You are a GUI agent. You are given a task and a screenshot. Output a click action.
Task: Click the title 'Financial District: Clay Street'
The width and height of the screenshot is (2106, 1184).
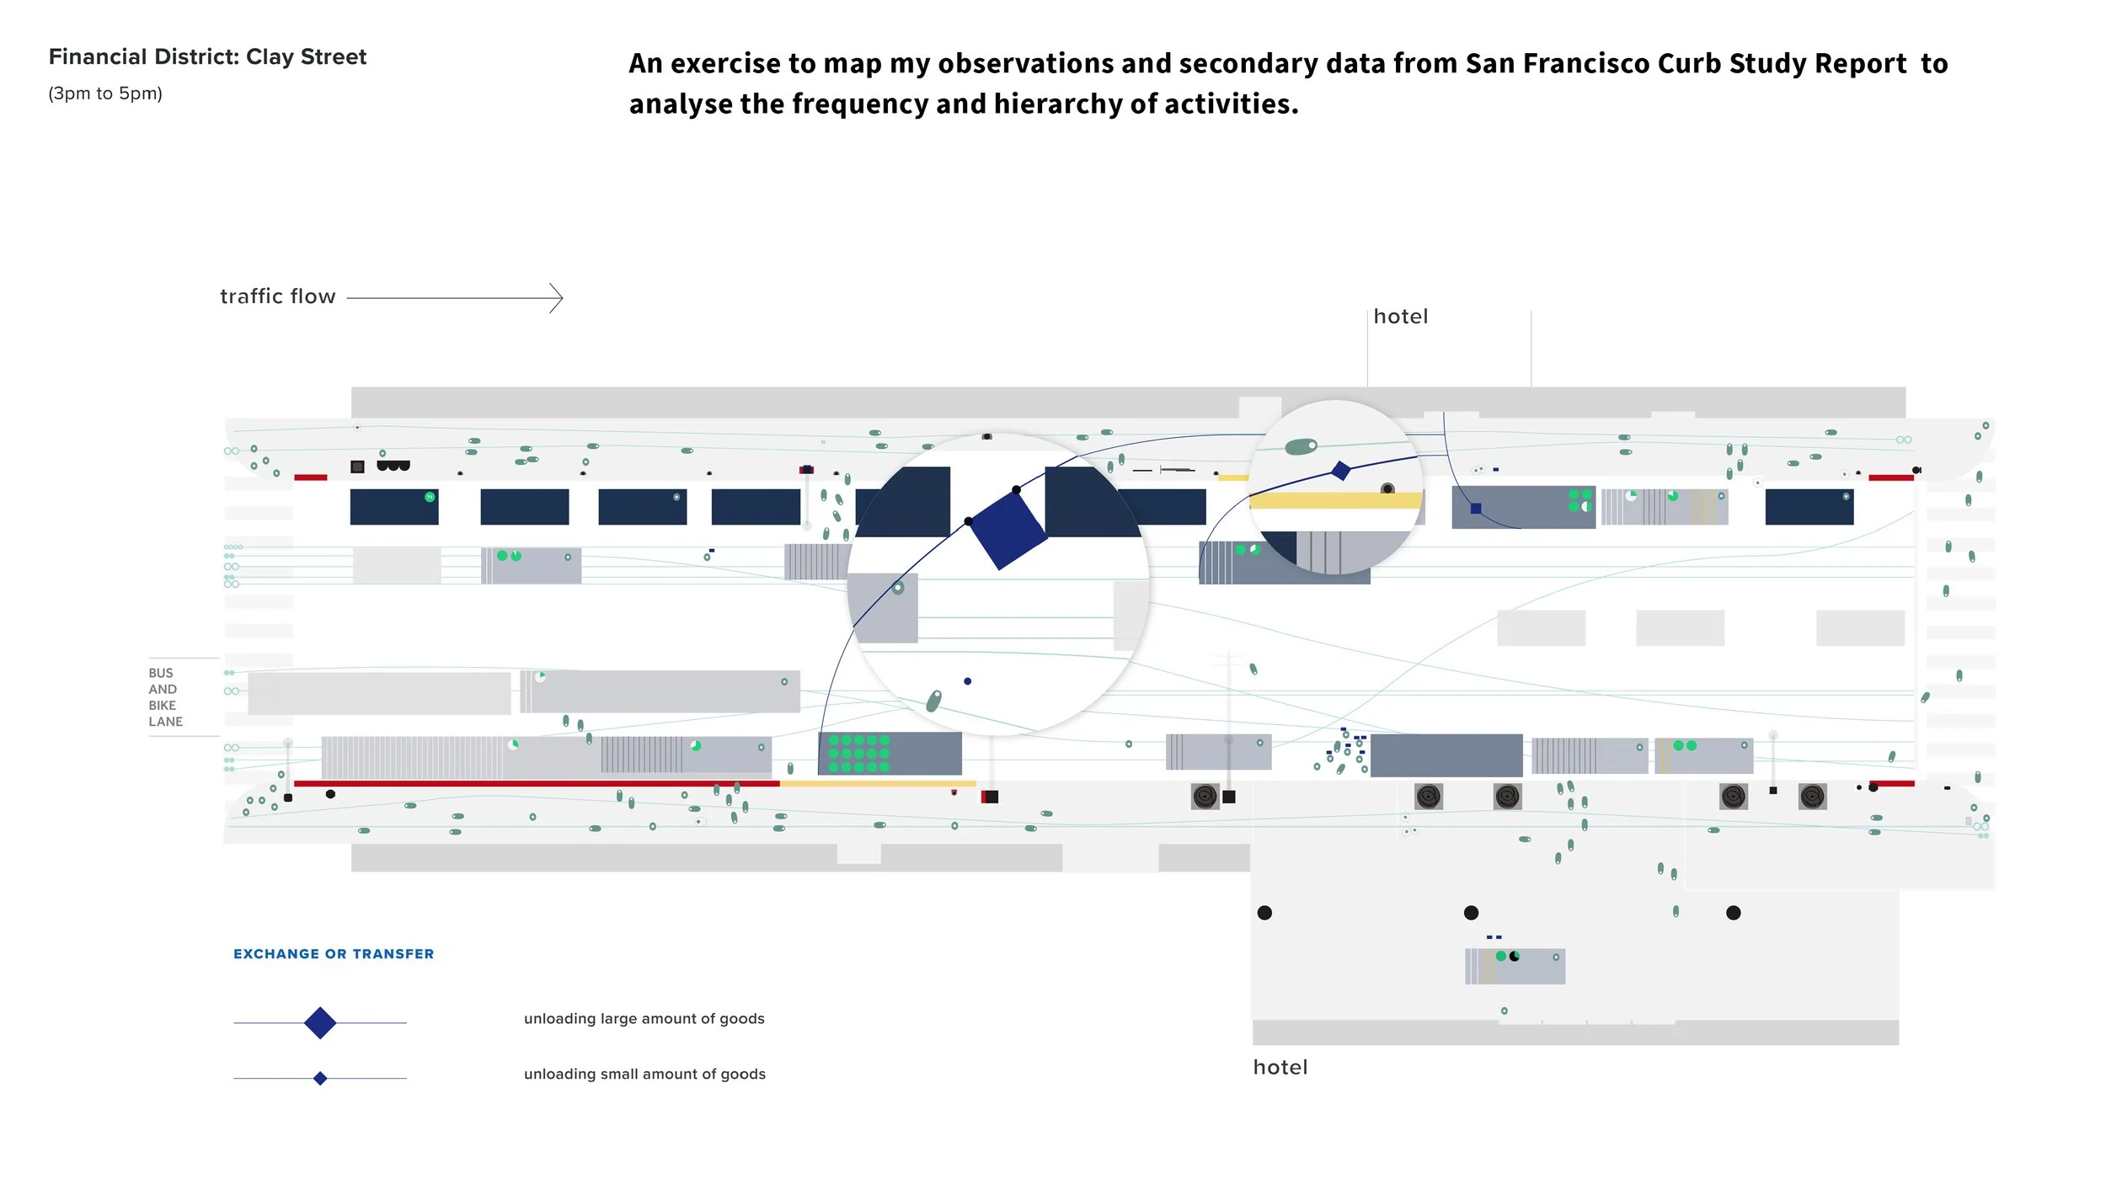click(x=207, y=57)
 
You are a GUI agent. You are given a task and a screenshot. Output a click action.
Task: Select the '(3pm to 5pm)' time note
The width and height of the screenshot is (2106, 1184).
click(x=105, y=93)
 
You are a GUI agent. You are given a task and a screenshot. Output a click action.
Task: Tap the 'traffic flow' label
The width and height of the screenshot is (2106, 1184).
click(x=278, y=296)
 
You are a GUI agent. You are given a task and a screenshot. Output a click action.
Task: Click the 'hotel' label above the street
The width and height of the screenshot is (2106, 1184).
click(x=1401, y=317)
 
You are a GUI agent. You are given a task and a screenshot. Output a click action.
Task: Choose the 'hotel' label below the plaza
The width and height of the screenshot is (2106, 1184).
click(x=1280, y=1068)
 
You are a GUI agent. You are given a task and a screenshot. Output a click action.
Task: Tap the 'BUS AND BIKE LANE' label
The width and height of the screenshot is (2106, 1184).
click(x=165, y=697)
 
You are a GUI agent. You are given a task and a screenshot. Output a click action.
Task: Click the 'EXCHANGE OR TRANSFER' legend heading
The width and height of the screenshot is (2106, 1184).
click(x=334, y=954)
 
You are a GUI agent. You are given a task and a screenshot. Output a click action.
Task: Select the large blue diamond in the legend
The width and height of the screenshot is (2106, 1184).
click(x=320, y=1023)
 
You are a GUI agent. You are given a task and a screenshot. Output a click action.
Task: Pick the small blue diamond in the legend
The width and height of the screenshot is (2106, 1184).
click(x=320, y=1079)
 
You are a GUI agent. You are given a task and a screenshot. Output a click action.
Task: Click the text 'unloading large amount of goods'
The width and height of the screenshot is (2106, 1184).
click(x=644, y=1019)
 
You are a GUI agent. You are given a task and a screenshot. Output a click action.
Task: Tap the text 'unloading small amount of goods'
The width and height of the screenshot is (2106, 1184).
click(x=644, y=1075)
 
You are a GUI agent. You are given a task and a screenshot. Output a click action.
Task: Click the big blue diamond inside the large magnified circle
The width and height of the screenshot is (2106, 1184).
click(x=1008, y=531)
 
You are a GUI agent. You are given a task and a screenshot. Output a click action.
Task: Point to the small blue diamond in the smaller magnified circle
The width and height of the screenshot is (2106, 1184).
click(x=1341, y=471)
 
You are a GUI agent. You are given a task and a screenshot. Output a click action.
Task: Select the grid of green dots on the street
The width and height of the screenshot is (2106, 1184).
click(x=858, y=754)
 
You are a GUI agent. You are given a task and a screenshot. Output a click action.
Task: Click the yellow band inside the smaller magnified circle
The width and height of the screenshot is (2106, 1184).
click(x=1335, y=501)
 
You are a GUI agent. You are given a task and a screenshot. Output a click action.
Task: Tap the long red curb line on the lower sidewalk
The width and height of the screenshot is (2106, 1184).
click(x=537, y=784)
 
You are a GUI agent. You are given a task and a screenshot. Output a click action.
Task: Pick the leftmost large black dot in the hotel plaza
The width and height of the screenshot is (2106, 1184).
click(x=1264, y=913)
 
